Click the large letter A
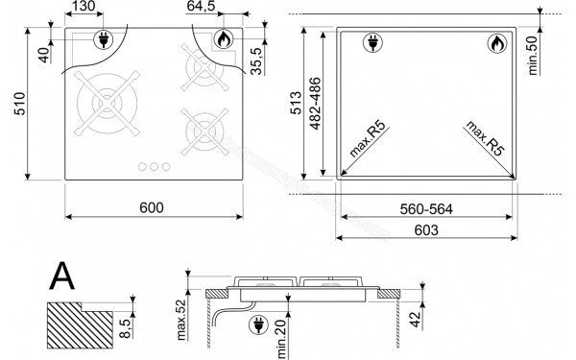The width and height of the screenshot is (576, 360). coord(63,278)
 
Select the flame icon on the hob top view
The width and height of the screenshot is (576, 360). coord(222,40)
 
